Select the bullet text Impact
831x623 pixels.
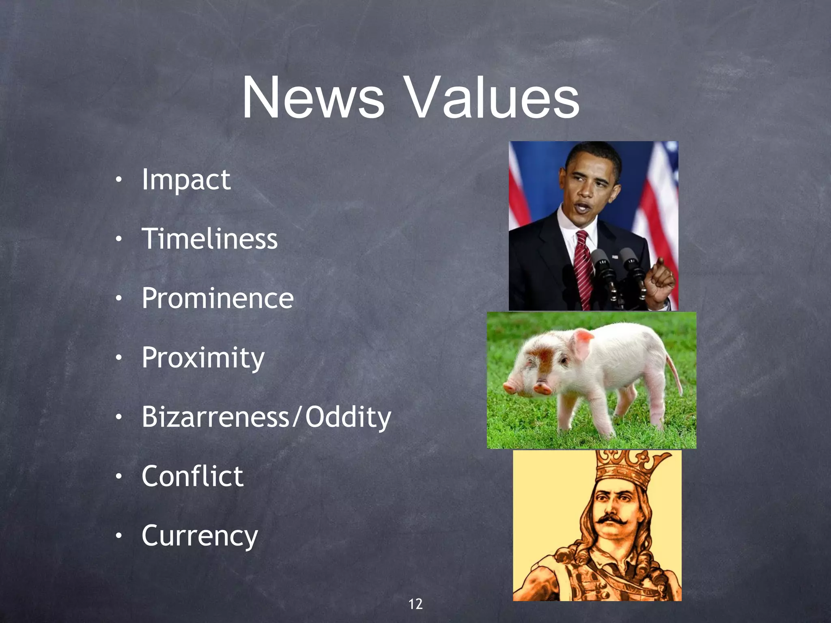click(186, 180)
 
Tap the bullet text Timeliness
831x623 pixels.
click(210, 239)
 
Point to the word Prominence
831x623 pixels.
click(217, 299)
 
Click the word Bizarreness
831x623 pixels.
click(215, 417)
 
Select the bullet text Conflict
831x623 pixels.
click(192, 476)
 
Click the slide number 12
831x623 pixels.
click(415, 604)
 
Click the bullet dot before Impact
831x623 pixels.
click(118, 180)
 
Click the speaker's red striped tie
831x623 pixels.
click(583, 268)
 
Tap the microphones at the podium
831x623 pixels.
click(617, 268)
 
